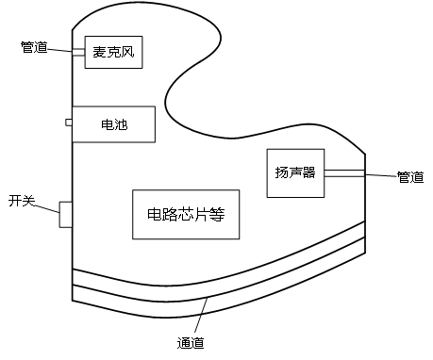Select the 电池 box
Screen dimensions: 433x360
click(112, 123)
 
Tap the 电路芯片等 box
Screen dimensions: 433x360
click(185, 214)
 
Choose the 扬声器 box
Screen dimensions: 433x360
click(295, 172)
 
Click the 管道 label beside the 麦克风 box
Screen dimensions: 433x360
click(34, 47)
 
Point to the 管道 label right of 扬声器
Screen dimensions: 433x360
click(409, 177)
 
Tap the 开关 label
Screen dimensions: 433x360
click(22, 201)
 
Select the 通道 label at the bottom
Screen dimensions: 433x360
click(191, 343)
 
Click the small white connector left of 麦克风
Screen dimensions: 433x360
click(78, 52)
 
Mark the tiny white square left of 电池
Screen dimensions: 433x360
click(69, 122)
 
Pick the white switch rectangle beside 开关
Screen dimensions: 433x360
click(65, 214)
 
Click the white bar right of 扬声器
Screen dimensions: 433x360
click(343, 173)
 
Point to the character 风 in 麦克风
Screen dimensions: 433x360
click(128, 52)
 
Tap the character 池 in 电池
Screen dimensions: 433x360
click(119, 123)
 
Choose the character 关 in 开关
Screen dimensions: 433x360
click(28, 201)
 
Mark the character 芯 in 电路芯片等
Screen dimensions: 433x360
click(185, 214)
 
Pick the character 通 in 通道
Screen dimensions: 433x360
click(184, 343)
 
